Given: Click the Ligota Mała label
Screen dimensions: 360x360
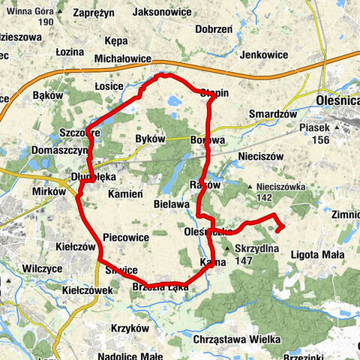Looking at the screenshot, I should (316, 256).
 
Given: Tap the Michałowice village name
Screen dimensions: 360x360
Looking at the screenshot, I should (124, 58).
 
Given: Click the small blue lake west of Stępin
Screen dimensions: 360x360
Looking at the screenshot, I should (174, 99).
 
